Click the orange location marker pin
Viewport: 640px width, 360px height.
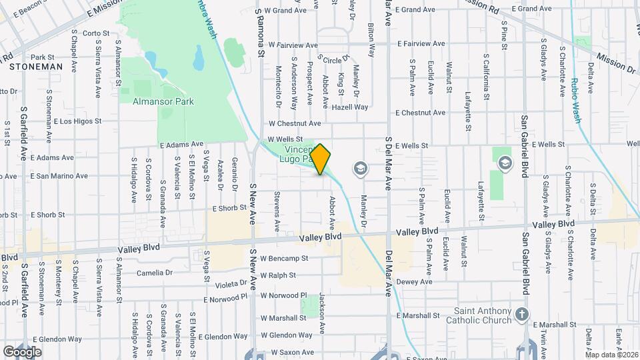pos(321,159)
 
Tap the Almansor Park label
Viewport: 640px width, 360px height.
pos(163,102)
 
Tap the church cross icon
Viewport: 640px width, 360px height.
pos(522,313)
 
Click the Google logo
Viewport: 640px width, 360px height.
pos(22,351)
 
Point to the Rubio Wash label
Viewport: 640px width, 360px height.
pos(575,100)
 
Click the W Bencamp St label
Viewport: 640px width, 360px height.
pos(285,258)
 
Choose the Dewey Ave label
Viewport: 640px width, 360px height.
pos(415,282)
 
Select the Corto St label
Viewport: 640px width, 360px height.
pos(96,33)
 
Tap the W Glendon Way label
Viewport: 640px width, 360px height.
pos(287,335)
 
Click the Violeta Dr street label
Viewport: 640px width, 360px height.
pos(233,283)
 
